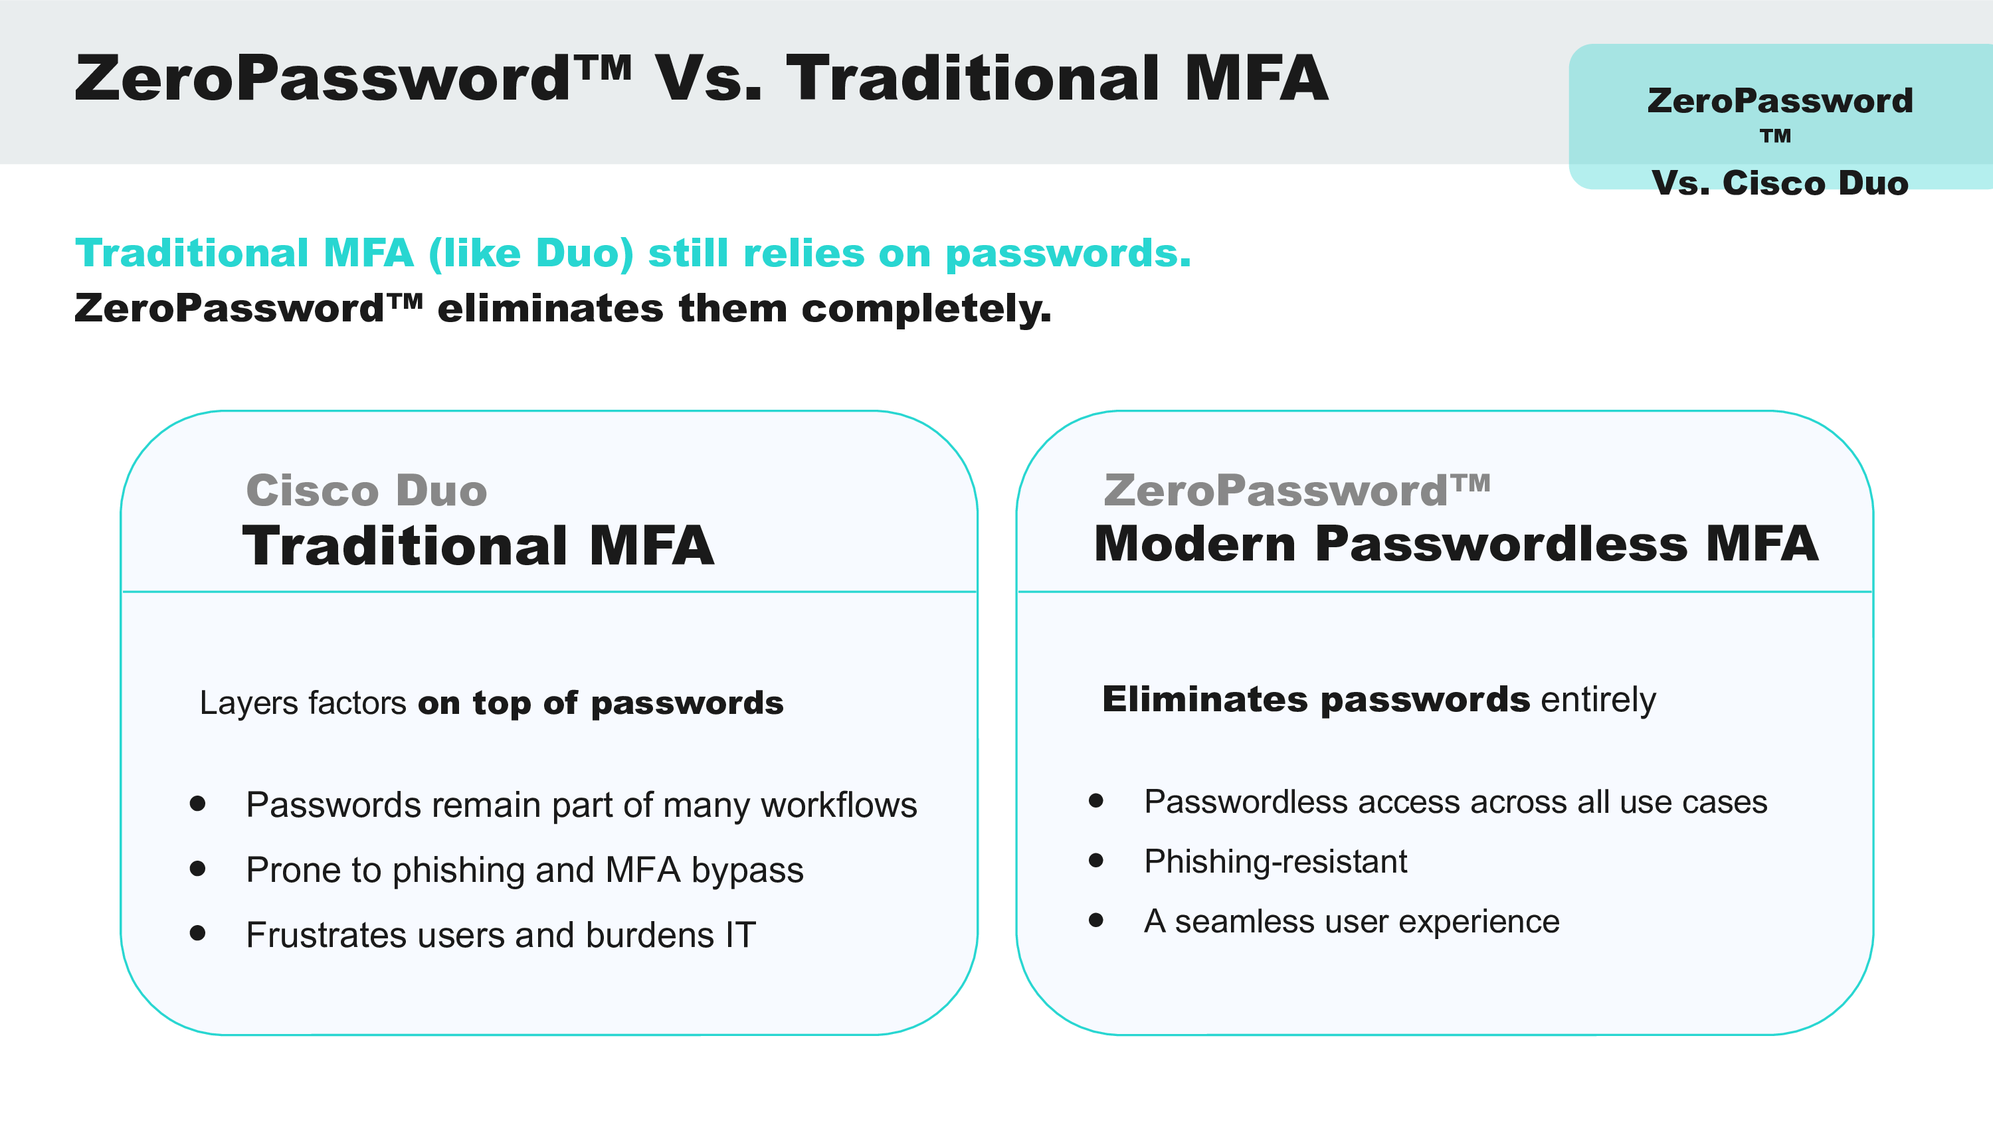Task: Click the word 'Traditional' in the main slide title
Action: coord(973,79)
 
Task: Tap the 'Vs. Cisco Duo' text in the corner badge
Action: coord(1780,183)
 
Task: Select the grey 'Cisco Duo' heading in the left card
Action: coord(367,491)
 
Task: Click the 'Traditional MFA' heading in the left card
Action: coord(478,545)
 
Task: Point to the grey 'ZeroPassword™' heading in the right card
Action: coord(1297,491)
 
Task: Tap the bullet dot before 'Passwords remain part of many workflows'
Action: coord(198,804)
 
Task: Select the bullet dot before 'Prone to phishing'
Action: coord(198,869)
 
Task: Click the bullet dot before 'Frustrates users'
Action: coord(198,934)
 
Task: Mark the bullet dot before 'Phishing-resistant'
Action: coord(1096,860)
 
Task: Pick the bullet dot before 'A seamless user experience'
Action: coord(1096,920)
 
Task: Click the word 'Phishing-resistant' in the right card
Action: coord(1276,862)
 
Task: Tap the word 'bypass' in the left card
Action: coord(747,872)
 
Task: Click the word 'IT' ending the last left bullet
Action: coord(741,935)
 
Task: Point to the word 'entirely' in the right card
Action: coord(1598,701)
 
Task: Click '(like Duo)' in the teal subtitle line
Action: coord(531,254)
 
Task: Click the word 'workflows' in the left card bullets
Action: coord(840,806)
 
